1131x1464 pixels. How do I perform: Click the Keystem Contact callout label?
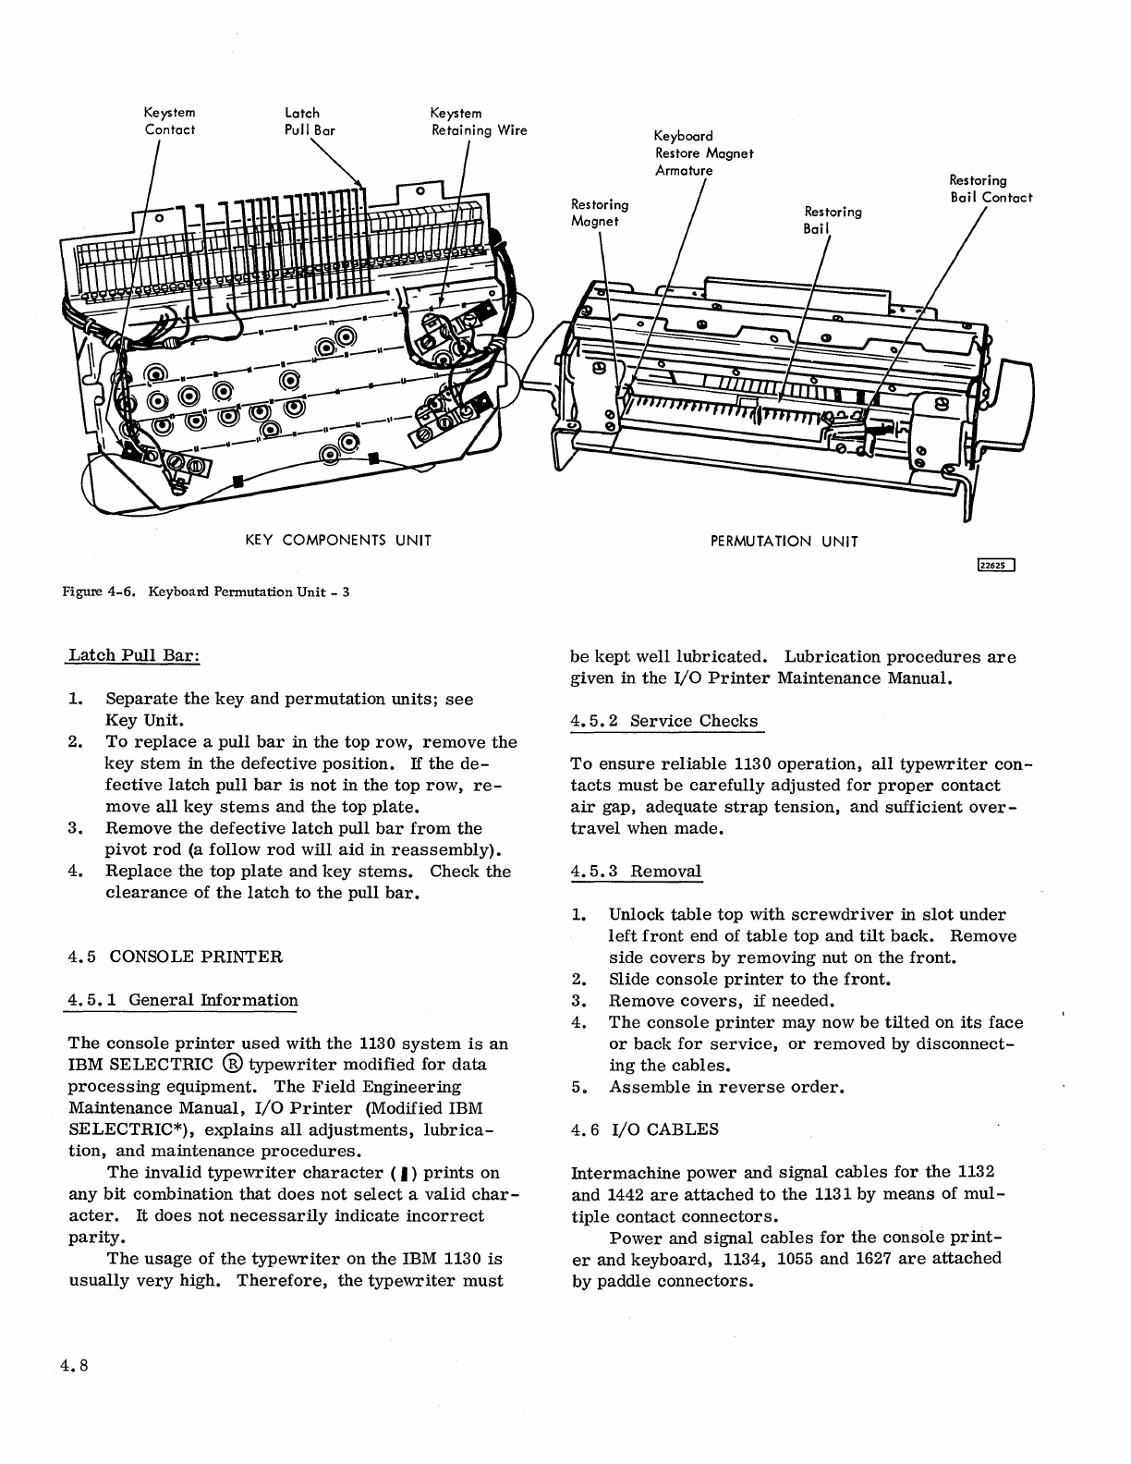[x=170, y=121]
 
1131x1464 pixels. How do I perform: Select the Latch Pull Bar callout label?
[x=309, y=121]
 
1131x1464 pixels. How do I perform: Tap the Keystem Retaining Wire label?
[x=479, y=121]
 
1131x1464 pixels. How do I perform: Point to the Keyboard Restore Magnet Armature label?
[x=704, y=153]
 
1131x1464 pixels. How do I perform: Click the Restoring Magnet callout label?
[x=600, y=213]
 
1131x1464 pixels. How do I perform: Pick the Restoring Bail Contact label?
[x=991, y=189]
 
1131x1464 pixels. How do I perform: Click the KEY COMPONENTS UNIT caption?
[x=338, y=540]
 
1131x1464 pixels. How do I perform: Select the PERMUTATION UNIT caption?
[x=784, y=542]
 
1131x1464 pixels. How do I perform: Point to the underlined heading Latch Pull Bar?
[x=135, y=655]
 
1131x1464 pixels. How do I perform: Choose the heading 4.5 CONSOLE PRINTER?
[x=176, y=956]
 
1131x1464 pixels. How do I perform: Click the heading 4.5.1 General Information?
[x=184, y=1000]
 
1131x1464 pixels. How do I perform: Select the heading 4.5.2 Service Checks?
[x=664, y=721]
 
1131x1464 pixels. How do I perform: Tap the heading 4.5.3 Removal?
[x=637, y=871]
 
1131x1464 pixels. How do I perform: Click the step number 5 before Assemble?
[x=578, y=1087]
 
